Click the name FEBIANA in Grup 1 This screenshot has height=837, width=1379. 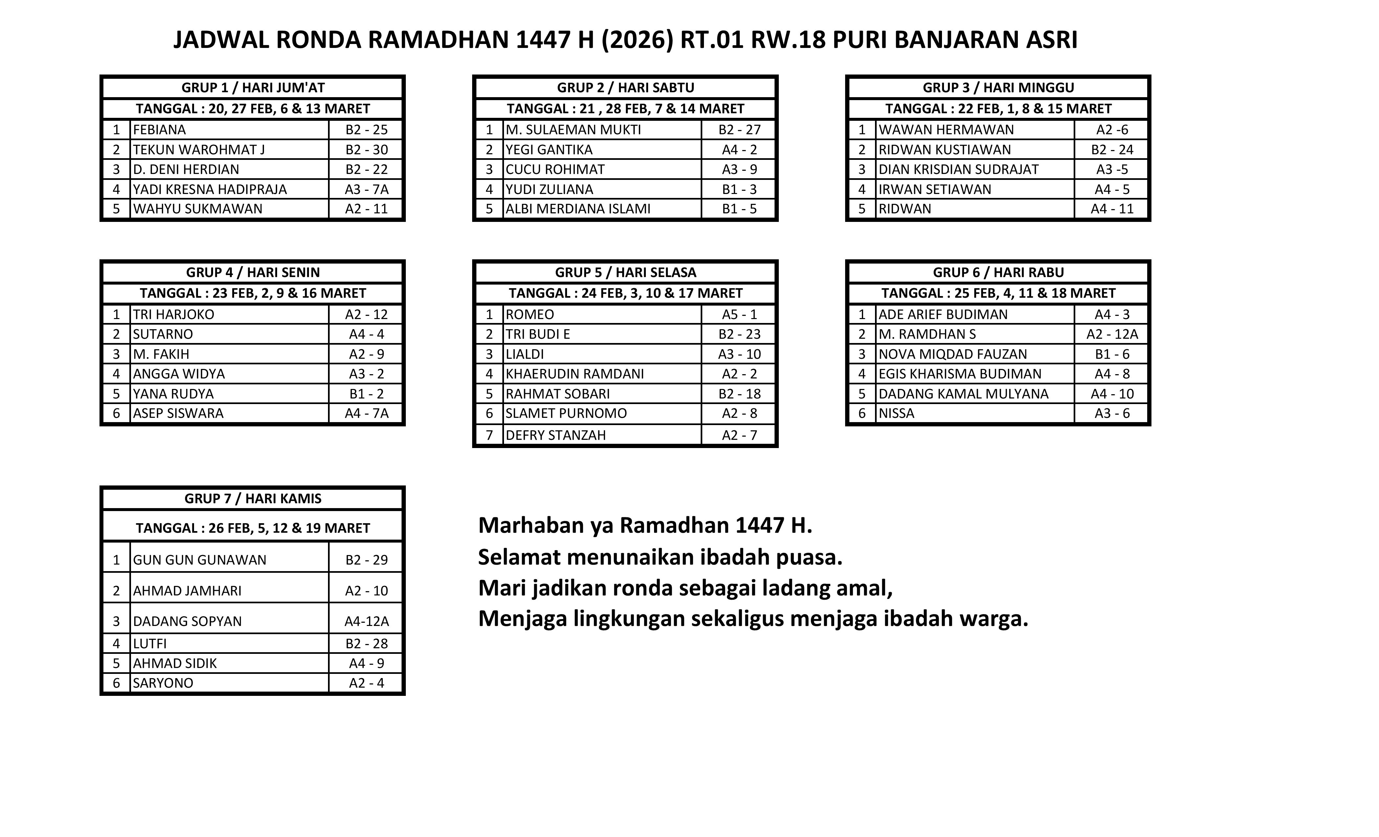coord(160,130)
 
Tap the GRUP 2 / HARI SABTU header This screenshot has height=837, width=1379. coord(625,88)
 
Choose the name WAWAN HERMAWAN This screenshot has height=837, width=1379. coord(946,130)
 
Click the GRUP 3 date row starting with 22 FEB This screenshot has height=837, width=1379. coord(998,109)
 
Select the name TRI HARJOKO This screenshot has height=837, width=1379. coord(173,314)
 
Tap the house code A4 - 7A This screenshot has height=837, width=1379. coord(366,414)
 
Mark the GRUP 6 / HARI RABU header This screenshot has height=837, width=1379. coord(998,272)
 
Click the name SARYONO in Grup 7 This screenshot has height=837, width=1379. coord(163,683)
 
